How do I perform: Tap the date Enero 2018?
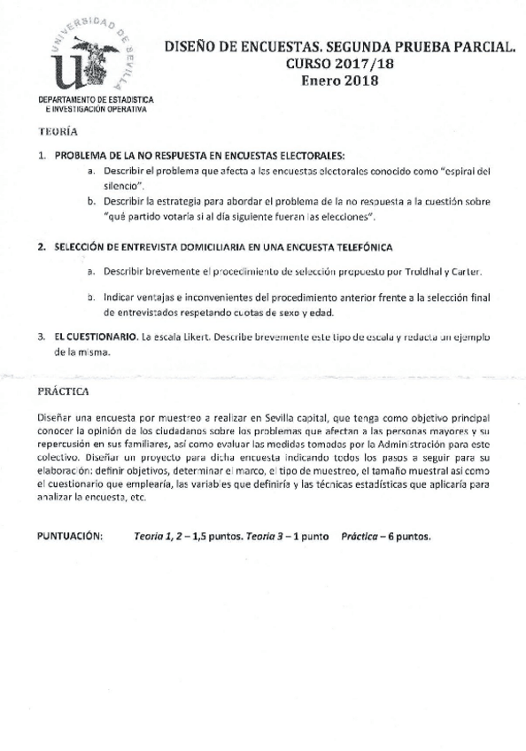pos(339,81)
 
